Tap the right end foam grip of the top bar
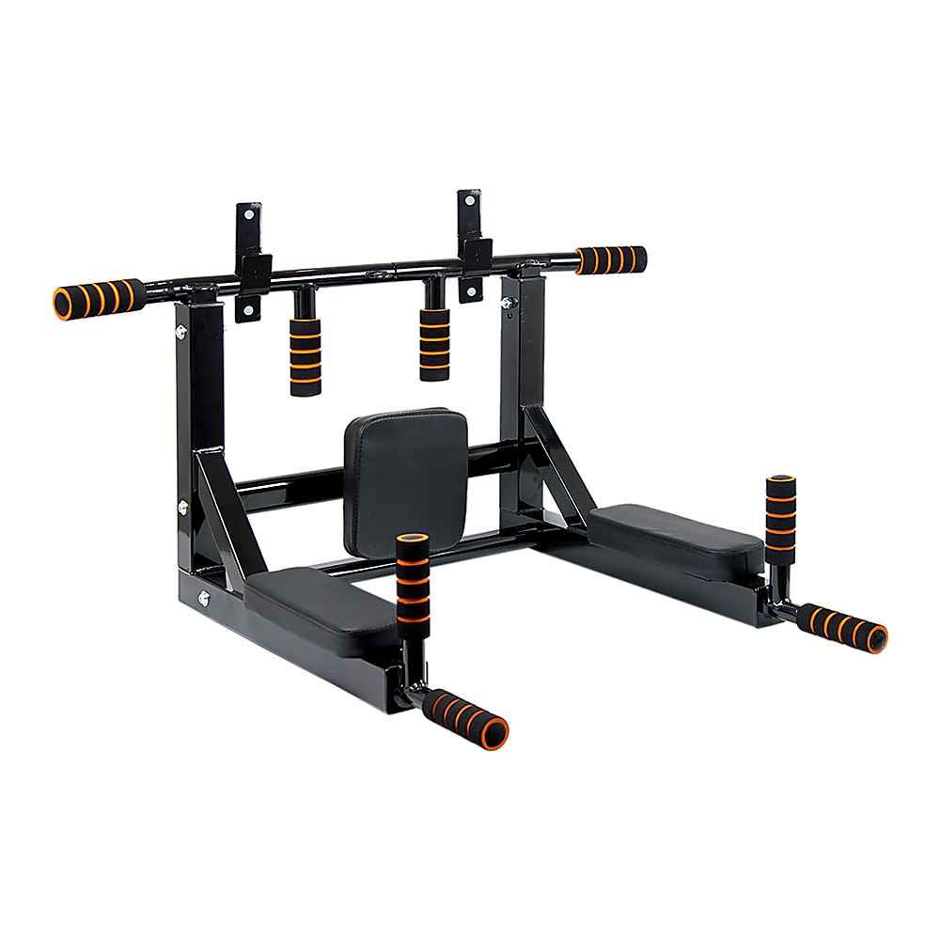click(612, 258)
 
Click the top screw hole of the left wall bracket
click(248, 214)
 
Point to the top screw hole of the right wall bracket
click(469, 200)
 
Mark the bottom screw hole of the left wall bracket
click(248, 310)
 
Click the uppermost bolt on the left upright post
click(180, 330)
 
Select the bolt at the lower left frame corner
click(203, 595)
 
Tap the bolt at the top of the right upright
click(508, 302)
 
